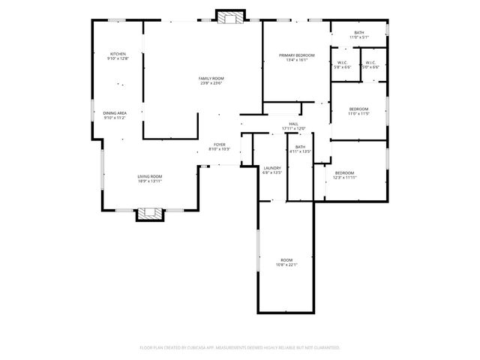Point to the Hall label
pyautogui.click(x=293, y=125)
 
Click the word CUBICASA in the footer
pyautogui.click(x=207, y=348)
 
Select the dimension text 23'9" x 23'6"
pyautogui.click(x=211, y=83)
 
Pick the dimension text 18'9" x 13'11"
pyautogui.click(x=150, y=181)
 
